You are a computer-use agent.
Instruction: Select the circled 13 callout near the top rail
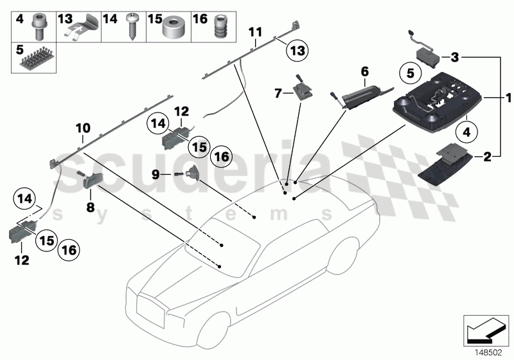pos(297,50)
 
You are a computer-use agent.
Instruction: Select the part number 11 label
pos(256,32)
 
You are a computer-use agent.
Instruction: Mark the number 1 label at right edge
pos(508,98)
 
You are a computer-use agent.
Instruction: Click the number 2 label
pos(505,156)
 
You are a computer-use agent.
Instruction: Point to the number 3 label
pos(454,57)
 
